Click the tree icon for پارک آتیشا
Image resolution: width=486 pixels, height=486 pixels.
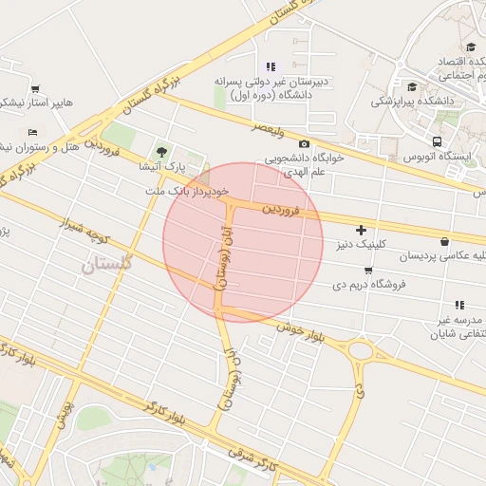point(160,151)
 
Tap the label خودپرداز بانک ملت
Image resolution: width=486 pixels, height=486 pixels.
point(189,192)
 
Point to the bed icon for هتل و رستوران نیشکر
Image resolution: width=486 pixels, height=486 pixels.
point(33,132)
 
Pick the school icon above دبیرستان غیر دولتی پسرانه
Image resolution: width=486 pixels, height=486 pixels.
point(271,66)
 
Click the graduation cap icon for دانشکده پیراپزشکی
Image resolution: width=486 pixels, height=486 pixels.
point(411,86)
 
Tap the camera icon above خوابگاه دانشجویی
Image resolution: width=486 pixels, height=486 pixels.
point(304,143)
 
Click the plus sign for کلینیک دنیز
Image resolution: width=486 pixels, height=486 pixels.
point(361,230)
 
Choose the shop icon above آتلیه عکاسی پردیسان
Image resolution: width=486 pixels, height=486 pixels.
point(446,241)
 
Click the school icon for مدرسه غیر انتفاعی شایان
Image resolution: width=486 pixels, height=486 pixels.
point(459,305)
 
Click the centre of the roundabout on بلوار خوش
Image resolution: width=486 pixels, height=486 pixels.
point(361,350)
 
